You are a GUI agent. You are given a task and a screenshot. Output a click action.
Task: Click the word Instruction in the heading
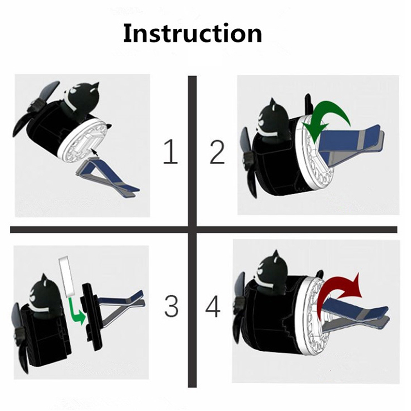[x=193, y=33]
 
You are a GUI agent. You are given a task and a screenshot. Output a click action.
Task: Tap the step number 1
[x=171, y=152]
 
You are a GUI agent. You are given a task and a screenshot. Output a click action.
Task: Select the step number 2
[x=217, y=152]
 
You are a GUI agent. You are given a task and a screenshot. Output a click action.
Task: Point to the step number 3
[x=171, y=306]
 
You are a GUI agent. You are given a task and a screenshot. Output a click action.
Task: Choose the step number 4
[x=212, y=306]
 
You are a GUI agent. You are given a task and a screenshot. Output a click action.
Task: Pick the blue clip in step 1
[x=107, y=176]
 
